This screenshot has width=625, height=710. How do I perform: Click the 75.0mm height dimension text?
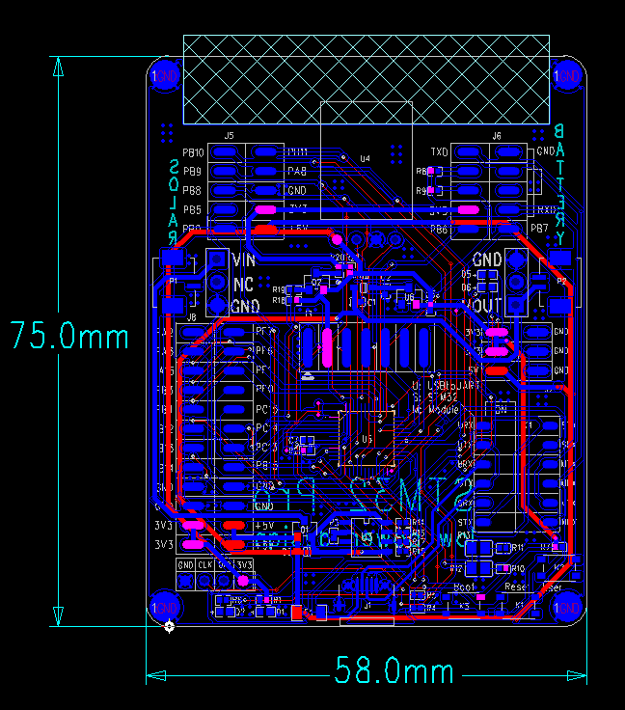(69, 336)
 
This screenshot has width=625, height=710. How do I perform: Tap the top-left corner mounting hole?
(165, 75)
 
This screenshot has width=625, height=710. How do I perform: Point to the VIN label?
(245, 260)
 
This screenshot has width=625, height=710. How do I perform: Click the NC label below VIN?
(244, 284)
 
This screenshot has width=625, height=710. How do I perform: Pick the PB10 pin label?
(192, 152)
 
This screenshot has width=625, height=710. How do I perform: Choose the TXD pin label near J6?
(439, 152)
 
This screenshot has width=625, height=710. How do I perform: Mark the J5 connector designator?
(230, 136)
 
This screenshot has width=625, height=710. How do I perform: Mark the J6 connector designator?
(497, 136)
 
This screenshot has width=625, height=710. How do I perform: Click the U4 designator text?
(365, 158)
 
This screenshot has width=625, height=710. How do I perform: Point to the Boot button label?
(464, 587)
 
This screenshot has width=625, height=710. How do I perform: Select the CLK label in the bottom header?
(204, 564)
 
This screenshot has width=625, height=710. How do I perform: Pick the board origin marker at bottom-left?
(170, 627)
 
